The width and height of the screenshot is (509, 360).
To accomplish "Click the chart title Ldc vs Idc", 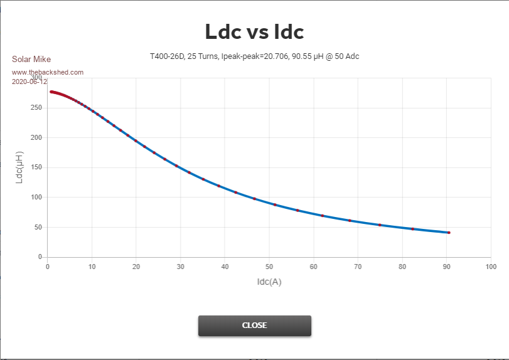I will point(254,32).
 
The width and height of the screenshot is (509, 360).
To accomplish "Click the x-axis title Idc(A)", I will point(269,282).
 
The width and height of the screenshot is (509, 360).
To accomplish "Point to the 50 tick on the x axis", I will point(269,267).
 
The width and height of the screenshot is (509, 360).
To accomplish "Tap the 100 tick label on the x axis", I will point(491,267).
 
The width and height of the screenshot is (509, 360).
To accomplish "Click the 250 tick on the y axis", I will point(36,107).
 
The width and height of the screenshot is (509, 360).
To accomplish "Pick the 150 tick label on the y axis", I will point(36,167).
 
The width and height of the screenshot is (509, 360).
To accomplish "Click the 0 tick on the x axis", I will point(48,267).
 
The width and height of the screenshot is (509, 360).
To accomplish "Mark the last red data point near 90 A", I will point(449,233).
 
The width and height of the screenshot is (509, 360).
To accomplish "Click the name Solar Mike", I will point(31,60).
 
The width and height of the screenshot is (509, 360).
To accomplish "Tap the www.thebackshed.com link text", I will point(48,72).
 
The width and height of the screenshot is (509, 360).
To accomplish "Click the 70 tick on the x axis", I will point(358,267).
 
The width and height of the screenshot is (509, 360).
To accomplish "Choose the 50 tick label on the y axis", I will point(38,227).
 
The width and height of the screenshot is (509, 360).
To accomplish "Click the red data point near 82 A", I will point(412,229).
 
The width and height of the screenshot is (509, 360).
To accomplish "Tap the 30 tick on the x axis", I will point(181,267).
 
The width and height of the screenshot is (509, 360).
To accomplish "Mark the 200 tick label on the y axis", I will point(36,137).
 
